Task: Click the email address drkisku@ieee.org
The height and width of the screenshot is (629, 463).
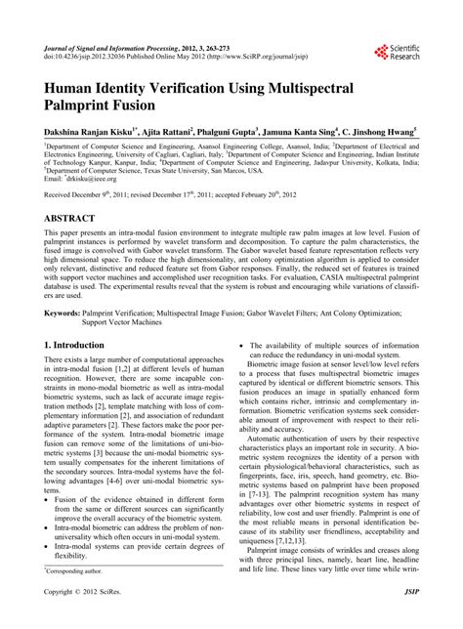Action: click(x=89, y=180)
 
